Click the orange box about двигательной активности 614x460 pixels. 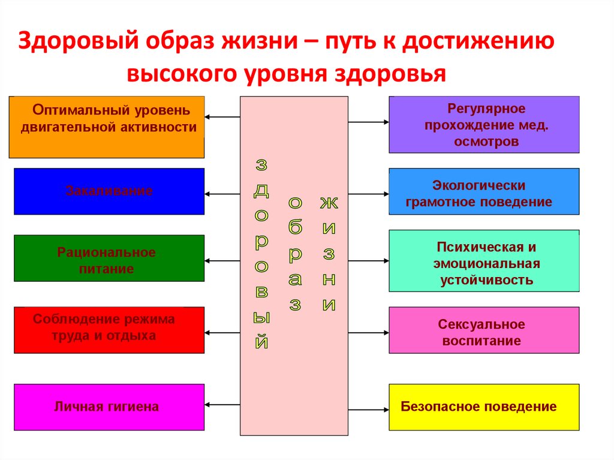point(107,127)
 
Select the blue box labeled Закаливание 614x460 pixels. point(109,191)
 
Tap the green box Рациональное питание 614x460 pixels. point(109,258)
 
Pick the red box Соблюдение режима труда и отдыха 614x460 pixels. point(109,330)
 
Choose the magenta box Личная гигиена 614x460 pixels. point(109,407)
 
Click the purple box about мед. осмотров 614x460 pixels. point(484,125)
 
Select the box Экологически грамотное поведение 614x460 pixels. point(484,191)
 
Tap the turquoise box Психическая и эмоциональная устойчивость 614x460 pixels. point(484,261)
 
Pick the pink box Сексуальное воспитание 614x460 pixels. point(484,330)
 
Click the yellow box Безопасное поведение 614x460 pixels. point(484,407)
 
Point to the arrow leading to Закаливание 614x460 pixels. point(222,194)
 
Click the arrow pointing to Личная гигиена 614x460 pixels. point(222,404)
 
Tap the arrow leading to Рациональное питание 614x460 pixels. point(222,261)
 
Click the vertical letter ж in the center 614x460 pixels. point(329,203)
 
